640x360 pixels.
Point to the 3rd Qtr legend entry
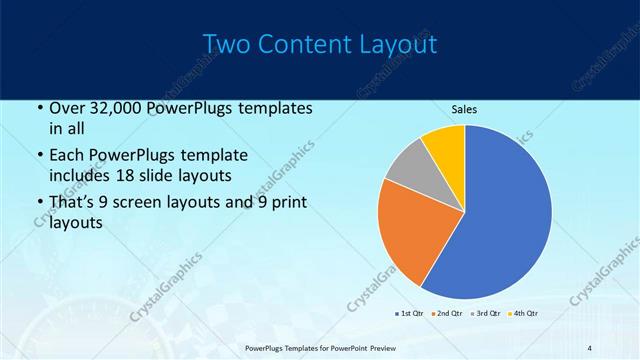click(484, 313)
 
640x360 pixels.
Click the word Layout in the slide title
click(400, 45)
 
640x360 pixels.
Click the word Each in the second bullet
click(67, 156)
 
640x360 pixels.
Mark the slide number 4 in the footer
click(590, 347)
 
